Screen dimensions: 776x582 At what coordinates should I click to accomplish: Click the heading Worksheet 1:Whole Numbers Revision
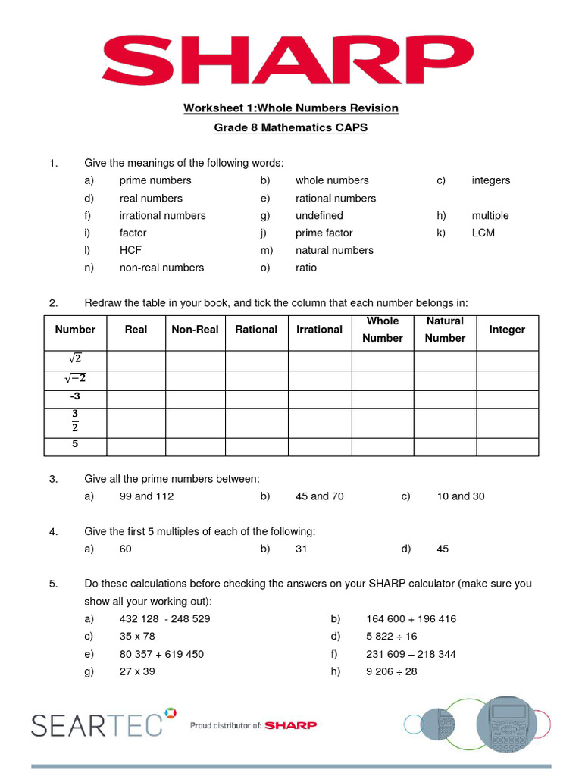click(x=290, y=108)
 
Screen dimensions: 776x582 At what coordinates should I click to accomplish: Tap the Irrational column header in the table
click(x=319, y=330)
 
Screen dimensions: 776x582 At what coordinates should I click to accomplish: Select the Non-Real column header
click(x=195, y=330)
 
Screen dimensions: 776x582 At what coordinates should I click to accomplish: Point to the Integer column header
click(x=507, y=330)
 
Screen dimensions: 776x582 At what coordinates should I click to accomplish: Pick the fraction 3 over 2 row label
click(x=75, y=422)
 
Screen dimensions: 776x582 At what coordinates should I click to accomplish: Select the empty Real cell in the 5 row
click(x=136, y=446)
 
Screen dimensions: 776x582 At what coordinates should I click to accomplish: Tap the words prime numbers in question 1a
click(x=155, y=180)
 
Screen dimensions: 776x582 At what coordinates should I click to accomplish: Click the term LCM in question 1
click(x=483, y=233)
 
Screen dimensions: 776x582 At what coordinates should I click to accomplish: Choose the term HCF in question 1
click(x=130, y=250)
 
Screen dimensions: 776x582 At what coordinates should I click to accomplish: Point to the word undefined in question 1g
click(x=319, y=215)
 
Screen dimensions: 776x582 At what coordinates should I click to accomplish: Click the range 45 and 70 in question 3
click(x=319, y=496)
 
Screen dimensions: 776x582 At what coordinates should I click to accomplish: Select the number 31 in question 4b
click(x=301, y=549)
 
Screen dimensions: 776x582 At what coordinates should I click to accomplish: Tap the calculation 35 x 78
click(x=137, y=637)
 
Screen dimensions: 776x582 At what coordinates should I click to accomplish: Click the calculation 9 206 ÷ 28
click(x=391, y=671)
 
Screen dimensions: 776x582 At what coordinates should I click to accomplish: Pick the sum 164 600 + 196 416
click(x=411, y=619)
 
